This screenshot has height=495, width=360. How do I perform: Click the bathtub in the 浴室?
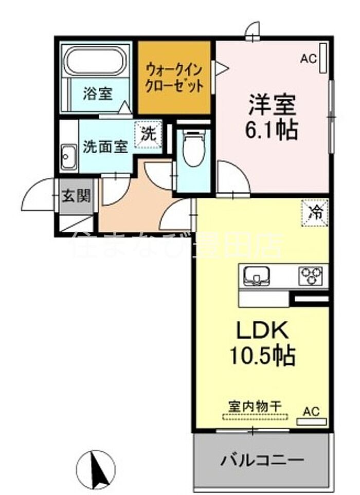click(95, 61)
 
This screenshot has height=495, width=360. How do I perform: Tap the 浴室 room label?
click(98, 94)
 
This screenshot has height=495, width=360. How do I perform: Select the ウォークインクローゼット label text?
click(174, 78)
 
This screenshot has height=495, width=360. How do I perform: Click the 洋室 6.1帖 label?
click(272, 117)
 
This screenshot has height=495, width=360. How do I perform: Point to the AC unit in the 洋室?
click(323, 59)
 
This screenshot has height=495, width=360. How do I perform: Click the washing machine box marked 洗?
click(148, 135)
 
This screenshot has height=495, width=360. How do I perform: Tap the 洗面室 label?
click(105, 146)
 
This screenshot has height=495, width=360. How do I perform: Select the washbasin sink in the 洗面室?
click(68, 157)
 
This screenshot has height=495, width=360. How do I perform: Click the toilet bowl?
click(194, 148)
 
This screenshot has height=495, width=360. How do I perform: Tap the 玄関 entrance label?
click(76, 196)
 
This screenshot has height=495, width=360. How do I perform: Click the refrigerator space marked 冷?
click(315, 213)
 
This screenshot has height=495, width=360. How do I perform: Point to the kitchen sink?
click(257, 276)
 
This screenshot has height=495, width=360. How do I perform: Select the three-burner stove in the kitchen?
click(311, 276)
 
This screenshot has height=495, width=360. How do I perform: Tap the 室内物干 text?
click(255, 406)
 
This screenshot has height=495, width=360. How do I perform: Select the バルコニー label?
click(262, 460)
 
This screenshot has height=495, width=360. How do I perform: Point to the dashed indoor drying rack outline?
click(255, 417)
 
